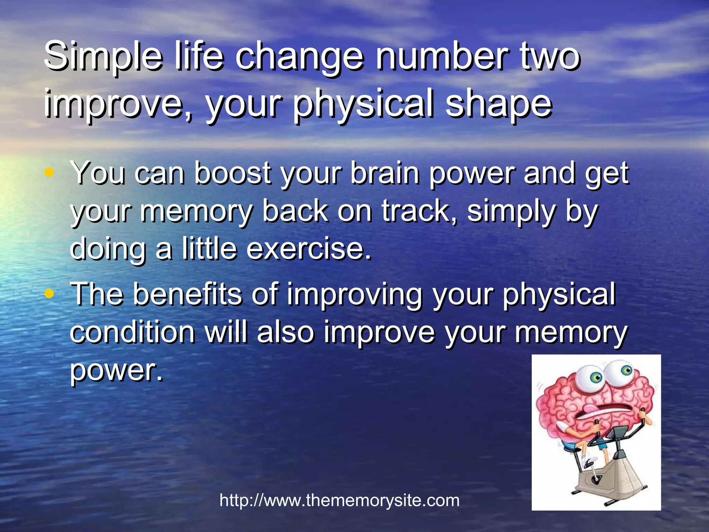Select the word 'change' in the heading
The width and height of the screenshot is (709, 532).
click(299, 56)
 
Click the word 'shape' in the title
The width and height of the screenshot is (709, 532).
click(498, 103)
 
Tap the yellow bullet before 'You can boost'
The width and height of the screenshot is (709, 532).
click(50, 172)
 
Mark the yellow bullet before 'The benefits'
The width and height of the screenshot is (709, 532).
click(50, 294)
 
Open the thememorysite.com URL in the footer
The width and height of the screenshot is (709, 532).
click(339, 500)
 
